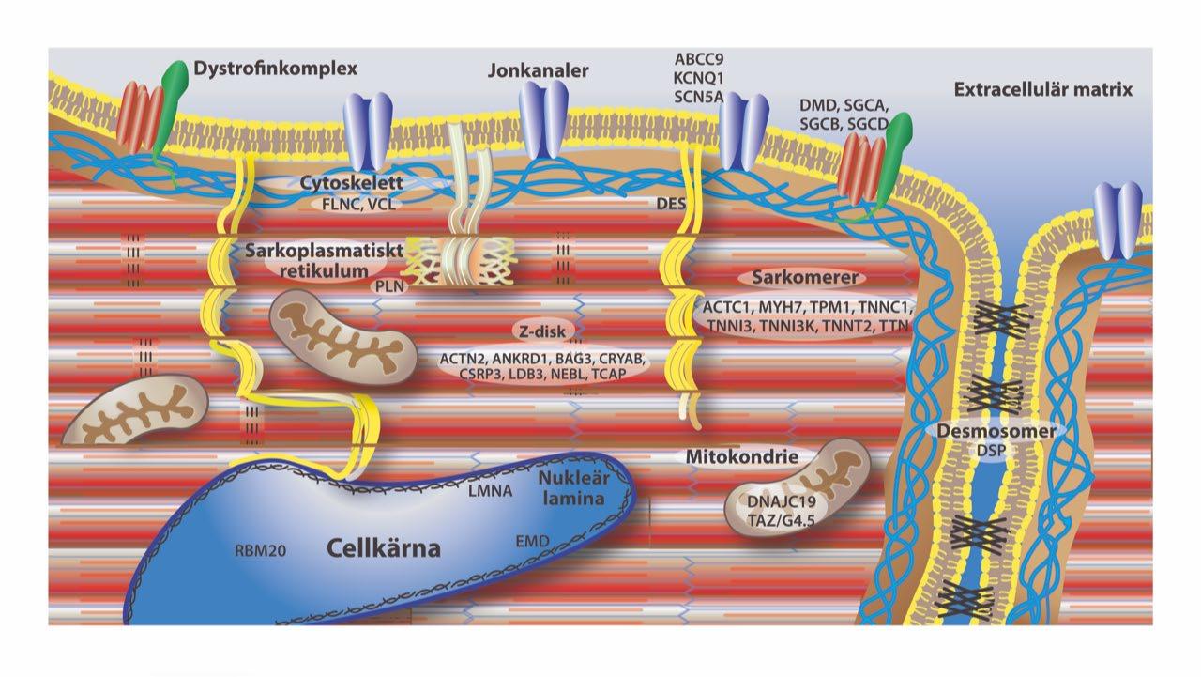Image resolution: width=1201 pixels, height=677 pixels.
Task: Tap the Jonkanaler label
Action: (x=539, y=71)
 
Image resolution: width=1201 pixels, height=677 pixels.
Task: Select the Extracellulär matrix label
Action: (x=1043, y=91)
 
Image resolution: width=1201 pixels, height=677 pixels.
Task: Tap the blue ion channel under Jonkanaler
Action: (x=545, y=117)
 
